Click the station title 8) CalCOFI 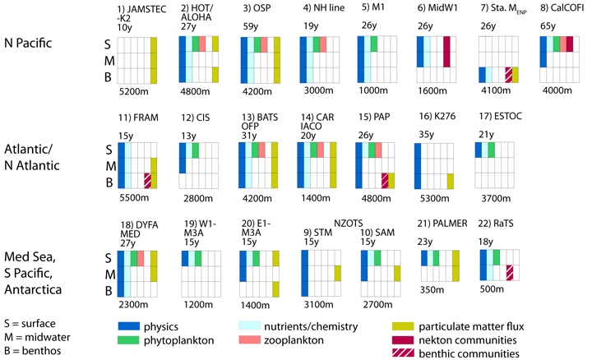click(562, 9)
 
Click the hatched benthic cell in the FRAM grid click(147, 180)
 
